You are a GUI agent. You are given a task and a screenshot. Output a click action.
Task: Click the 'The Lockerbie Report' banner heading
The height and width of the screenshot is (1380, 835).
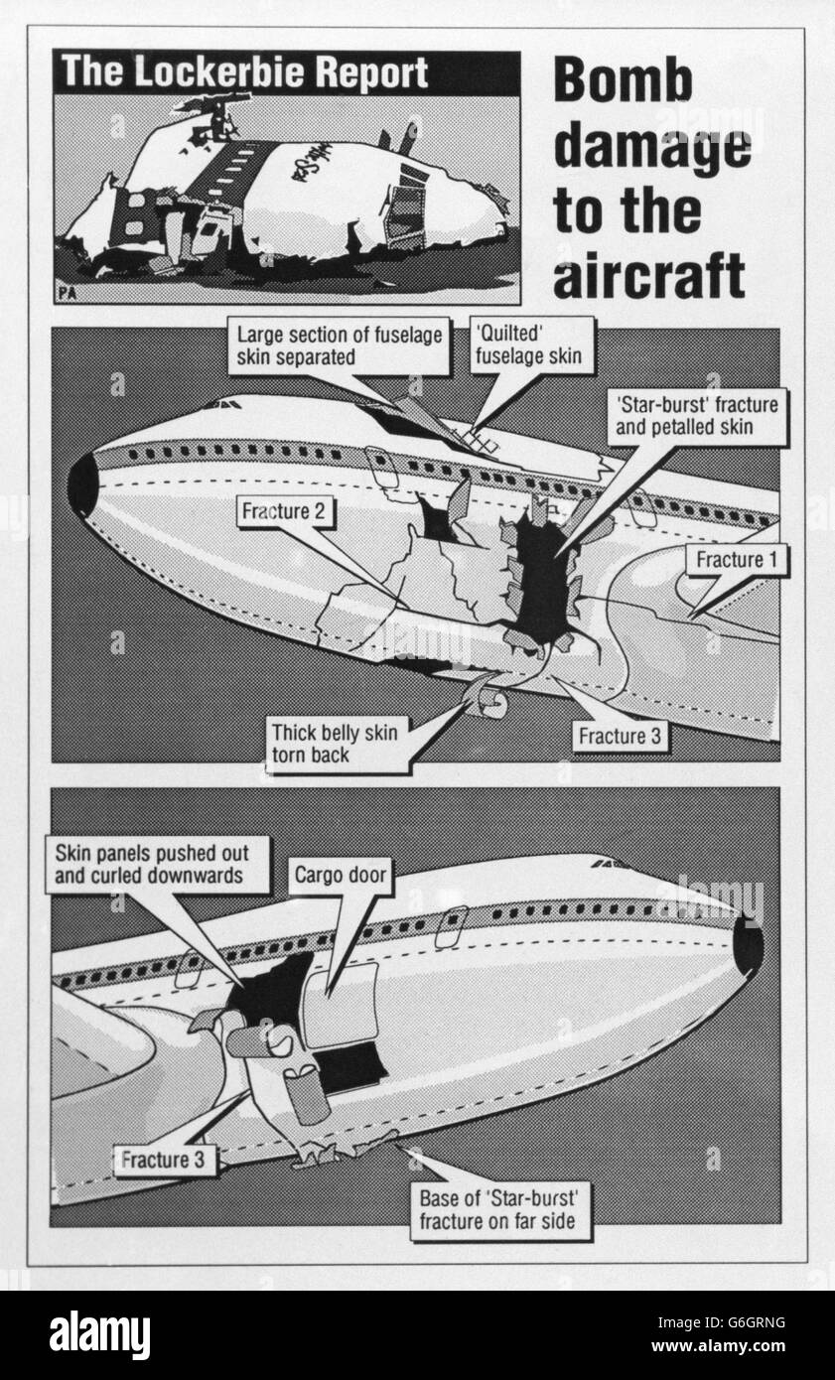pos(244,72)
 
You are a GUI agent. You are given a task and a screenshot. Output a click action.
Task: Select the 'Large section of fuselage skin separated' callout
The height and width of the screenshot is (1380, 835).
pos(339,345)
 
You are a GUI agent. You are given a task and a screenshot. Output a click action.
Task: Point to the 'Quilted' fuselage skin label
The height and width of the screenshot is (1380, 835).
pos(532,345)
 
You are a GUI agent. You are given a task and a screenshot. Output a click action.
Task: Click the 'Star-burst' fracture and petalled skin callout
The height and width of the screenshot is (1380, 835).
pos(697,416)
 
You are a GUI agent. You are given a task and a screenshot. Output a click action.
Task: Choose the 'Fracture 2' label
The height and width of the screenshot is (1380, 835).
pos(284,511)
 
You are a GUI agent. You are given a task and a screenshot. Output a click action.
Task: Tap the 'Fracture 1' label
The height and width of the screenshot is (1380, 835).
pos(737,560)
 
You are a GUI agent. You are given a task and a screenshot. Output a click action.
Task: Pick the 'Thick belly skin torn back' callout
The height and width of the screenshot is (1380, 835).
pos(338,744)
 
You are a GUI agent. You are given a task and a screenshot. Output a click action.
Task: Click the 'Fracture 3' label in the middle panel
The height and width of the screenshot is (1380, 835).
pos(620,736)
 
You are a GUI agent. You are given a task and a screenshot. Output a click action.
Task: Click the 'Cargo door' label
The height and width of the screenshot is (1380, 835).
pos(341,875)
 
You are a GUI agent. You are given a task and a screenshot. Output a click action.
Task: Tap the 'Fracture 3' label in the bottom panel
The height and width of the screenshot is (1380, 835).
pos(163,1160)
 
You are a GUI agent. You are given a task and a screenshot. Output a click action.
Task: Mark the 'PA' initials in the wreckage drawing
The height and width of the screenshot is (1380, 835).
pos(68,293)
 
